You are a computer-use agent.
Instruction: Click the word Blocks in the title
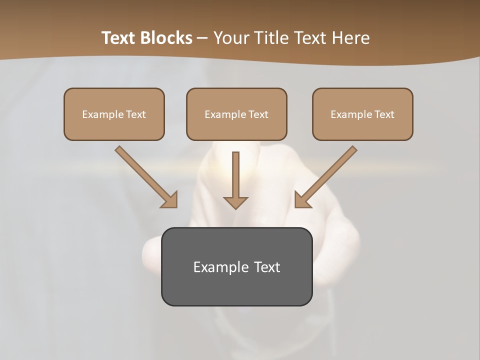click(x=167, y=38)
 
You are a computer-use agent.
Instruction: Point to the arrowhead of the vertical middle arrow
click(x=235, y=202)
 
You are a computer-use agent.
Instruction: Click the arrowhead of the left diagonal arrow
click(x=170, y=200)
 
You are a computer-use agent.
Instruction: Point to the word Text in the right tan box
click(x=384, y=114)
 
